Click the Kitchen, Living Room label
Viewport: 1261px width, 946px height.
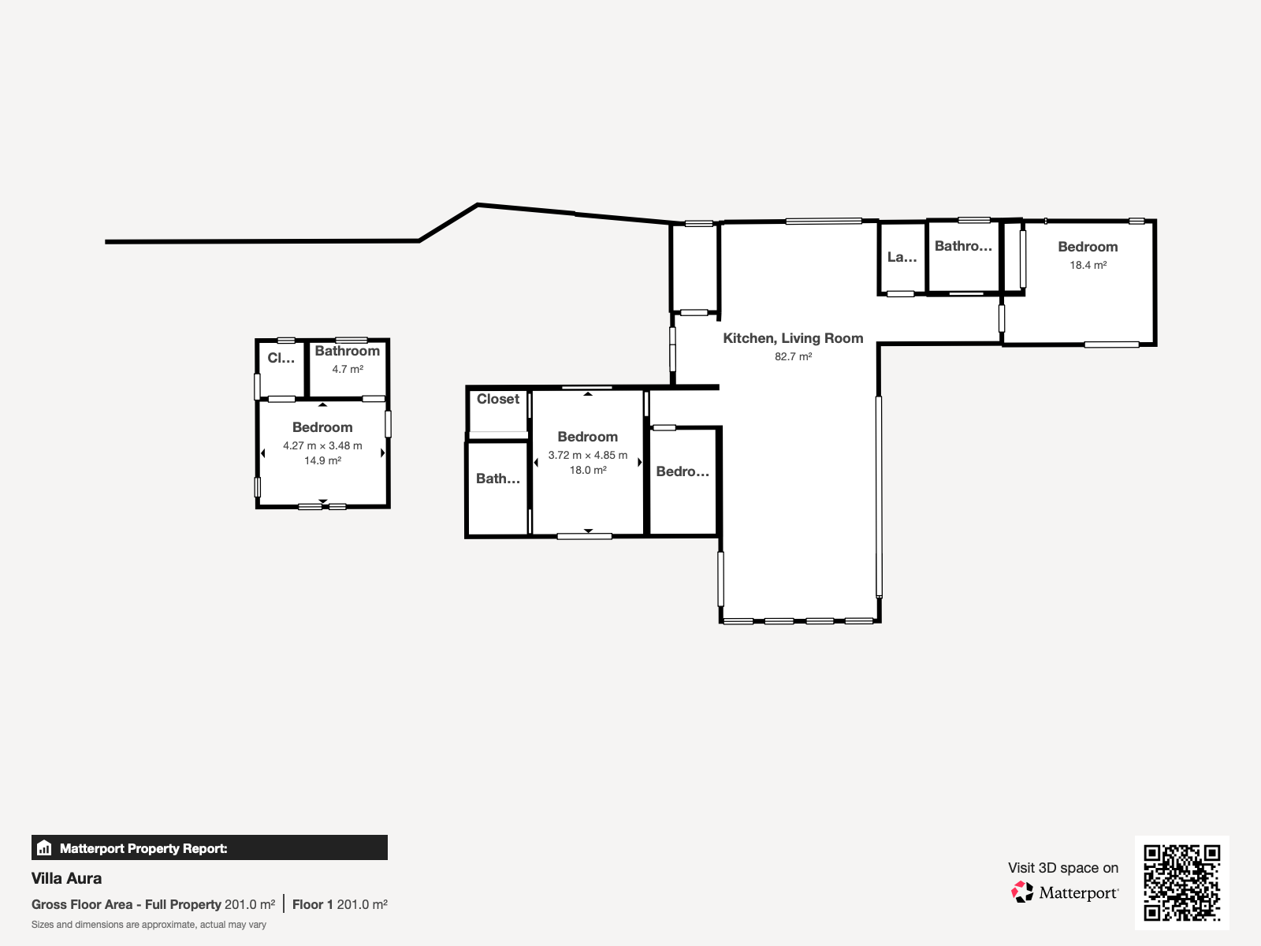793,338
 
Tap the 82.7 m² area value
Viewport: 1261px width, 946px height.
793,356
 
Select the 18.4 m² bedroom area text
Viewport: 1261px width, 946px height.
1088,266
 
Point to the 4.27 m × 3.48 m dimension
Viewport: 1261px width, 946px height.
322,445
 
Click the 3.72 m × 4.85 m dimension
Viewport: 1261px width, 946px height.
588,456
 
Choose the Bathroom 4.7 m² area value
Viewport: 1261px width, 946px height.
348,369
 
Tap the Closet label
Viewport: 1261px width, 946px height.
497,399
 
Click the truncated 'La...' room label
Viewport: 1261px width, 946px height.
902,257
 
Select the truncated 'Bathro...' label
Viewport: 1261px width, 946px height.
963,246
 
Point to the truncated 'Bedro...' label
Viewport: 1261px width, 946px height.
683,471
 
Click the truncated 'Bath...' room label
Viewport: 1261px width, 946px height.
498,479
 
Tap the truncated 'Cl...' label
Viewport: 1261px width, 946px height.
281,358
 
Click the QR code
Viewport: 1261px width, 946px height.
1181,882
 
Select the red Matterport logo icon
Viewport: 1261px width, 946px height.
1022,892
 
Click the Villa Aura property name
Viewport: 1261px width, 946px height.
67,878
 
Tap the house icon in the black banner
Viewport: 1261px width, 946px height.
44,847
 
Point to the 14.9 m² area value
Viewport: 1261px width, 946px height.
322,460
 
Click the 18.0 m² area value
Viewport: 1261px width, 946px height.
588,471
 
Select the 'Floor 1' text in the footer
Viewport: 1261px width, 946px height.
313,905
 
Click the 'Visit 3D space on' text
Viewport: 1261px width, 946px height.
1063,868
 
